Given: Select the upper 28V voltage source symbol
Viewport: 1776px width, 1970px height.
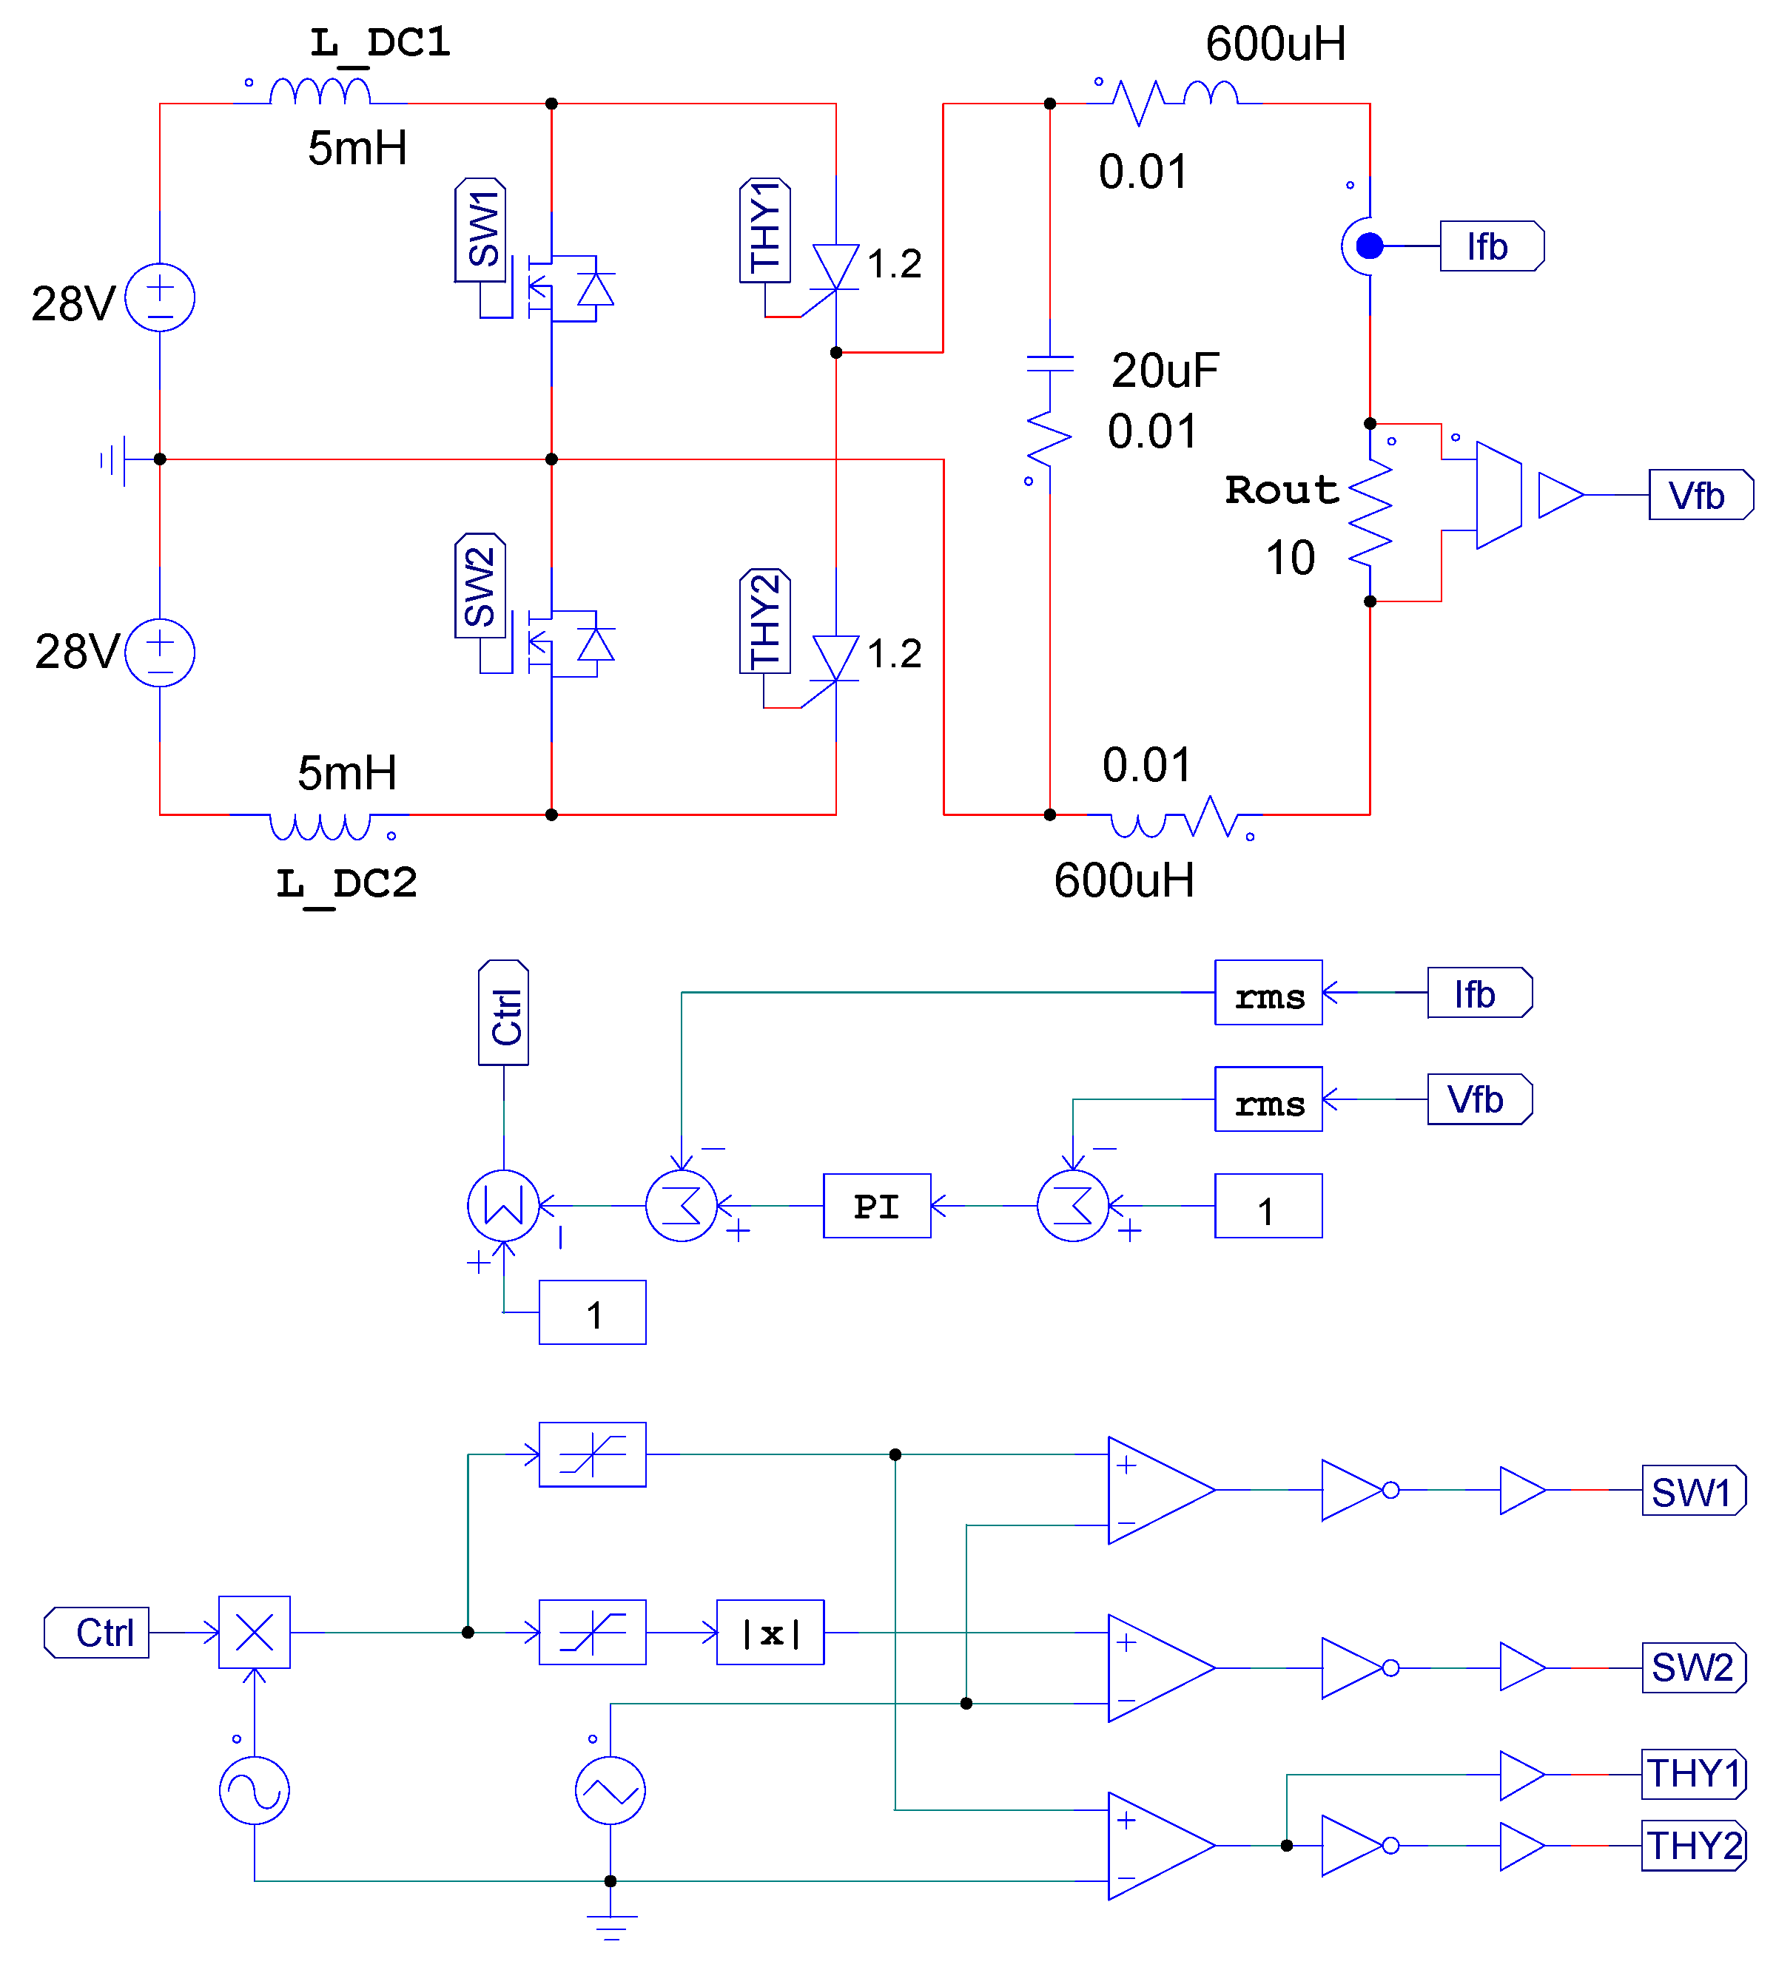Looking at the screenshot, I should pos(160,297).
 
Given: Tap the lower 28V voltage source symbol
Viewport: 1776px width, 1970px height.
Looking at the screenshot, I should pos(160,652).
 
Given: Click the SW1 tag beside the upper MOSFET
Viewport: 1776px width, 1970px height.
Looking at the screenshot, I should pos(480,230).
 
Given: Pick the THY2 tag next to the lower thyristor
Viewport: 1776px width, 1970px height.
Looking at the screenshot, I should pos(765,621).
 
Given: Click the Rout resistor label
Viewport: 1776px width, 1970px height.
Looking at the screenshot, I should pos(1281,490).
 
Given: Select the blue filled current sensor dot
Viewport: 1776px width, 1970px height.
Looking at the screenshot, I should pos(1369,246).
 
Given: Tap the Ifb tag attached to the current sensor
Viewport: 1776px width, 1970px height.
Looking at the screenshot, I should pos(1490,246).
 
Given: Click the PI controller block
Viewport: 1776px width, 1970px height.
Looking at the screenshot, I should pos(876,1206).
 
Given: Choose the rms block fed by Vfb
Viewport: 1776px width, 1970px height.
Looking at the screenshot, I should pos(1268,1099).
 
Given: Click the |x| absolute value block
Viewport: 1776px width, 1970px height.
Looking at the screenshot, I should pos(770,1633).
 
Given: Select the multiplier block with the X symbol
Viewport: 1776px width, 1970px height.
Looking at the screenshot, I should pos(254,1633).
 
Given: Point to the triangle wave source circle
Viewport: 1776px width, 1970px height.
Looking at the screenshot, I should pos(610,1790).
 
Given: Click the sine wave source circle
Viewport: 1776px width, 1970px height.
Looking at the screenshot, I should pos(254,1790).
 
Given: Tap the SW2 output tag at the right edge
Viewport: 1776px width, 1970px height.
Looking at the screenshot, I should pos(1692,1667).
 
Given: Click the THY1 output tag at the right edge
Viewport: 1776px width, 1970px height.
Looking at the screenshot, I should pos(1693,1774).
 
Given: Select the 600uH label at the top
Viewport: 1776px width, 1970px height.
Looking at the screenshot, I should pos(1276,44).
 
